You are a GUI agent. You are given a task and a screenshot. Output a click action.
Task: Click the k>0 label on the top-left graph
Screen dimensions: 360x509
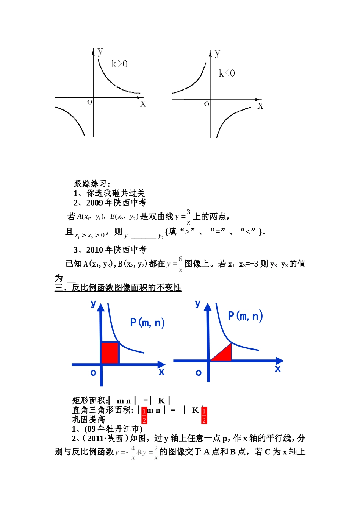coord(119,64)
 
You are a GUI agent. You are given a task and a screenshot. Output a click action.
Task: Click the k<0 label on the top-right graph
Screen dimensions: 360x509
coord(227,73)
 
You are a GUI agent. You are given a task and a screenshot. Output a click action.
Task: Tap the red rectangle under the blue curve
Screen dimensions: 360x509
coord(110,353)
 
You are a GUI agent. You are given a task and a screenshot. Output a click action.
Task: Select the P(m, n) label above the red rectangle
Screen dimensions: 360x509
coord(147,323)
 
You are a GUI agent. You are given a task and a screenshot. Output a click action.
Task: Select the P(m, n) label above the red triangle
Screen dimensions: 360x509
coord(245,316)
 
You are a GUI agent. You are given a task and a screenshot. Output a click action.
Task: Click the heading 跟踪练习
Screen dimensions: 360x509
coord(92,184)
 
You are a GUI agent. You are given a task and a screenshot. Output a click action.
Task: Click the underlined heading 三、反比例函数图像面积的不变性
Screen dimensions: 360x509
coord(118,288)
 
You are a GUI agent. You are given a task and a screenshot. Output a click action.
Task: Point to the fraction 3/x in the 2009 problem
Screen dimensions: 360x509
coord(188,217)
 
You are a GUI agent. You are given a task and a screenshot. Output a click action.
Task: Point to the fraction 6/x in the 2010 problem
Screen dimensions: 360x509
coord(180,264)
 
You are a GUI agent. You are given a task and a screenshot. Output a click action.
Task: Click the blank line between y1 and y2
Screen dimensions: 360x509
coord(143,237)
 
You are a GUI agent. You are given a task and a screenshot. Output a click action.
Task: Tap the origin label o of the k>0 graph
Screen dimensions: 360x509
coord(90,102)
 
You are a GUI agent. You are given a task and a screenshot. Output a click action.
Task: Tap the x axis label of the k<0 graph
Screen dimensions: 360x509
coord(260,106)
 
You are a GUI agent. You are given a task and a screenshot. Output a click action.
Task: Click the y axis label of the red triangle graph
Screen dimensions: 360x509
coord(197,303)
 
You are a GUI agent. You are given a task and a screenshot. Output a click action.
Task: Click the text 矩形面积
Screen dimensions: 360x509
coord(89,401)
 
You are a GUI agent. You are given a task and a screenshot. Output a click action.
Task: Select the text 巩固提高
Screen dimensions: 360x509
coord(89,420)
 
